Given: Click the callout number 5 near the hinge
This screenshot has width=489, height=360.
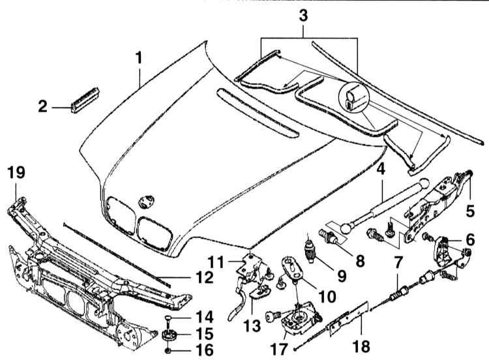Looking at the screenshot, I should [470, 211].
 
